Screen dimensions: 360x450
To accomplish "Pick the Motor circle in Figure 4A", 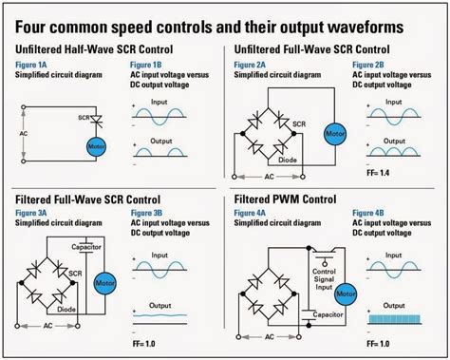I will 347,291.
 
